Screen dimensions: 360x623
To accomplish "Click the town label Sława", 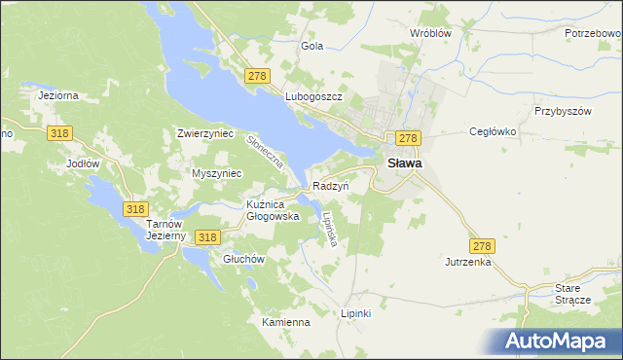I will click(x=405, y=163).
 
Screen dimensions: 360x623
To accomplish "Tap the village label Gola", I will click(x=312, y=46).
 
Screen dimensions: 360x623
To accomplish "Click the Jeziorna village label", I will click(x=57, y=95).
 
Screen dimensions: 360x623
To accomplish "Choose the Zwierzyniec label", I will click(x=205, y=133).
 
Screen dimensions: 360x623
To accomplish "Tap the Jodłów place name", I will click(x=83, y=163).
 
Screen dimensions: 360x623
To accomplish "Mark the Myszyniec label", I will click(x=217, y=173).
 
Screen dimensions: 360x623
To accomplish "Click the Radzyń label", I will click(x=331, y=185).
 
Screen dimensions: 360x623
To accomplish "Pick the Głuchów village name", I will click(x=243, y=259).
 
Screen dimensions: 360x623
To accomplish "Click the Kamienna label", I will click(x=285, y=322).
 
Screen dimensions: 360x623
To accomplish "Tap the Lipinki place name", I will click(x=356, y=313).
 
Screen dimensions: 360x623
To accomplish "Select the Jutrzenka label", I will click(x=468, y=263).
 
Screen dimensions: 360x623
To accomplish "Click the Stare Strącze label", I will click(x=572, y=294).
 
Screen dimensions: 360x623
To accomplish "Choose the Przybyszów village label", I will click(x=563, y=111).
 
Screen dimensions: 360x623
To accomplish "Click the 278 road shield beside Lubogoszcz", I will click(x=258, y=76).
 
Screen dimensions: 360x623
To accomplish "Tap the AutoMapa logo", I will click(x=559, y=341).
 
